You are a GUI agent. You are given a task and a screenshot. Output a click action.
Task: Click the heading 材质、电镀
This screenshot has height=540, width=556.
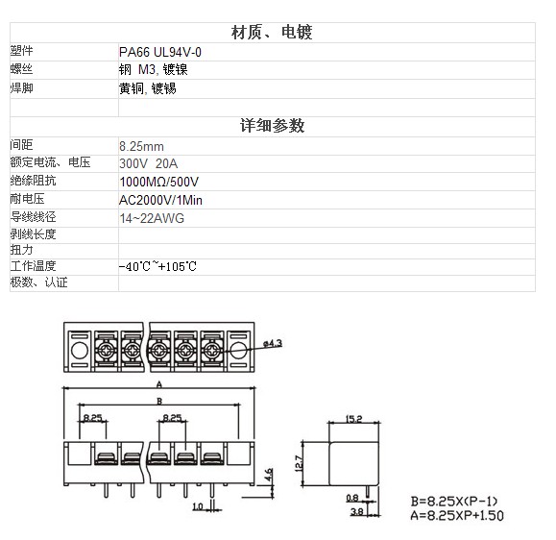click(x=272, y=33)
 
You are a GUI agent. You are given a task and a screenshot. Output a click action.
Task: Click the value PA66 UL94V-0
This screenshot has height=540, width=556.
click(x=160, y=52)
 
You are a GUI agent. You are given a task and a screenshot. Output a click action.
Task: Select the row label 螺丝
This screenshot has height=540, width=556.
click(x=22, y=68)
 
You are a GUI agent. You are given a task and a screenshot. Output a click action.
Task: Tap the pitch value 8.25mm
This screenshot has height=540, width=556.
click(x=141, y=146)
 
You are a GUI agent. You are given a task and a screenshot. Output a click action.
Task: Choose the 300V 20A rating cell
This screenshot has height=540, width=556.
click(x=148, y=163)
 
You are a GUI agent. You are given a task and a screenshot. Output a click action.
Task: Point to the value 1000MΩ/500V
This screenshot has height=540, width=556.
click(x=158, y=182)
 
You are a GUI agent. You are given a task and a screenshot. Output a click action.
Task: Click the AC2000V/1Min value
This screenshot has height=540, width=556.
click(x=160, y=200)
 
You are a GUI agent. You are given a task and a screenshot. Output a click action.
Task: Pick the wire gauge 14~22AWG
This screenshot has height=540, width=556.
click(x=152, y=218)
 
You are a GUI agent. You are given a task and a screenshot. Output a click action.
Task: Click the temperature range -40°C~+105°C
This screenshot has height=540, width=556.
click(x=157, y=266)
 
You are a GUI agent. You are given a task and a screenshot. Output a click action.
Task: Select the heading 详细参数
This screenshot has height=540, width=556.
click(x=273, y=126)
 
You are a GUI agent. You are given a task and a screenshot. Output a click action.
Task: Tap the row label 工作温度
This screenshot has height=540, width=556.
click(x=33, y=266)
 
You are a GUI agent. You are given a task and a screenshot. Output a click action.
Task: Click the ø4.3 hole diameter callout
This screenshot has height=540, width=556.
click(x=273, y=343)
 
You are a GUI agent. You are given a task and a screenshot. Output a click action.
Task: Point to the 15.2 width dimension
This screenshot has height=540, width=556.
click(x=354, y=419)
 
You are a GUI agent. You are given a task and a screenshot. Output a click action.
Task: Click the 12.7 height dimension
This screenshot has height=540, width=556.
click(x=299, y=463)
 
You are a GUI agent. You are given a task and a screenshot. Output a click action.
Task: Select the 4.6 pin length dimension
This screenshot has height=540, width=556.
click(x=269, y=475)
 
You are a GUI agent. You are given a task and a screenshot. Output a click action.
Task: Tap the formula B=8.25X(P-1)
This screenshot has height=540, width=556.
click(x=454, y=502)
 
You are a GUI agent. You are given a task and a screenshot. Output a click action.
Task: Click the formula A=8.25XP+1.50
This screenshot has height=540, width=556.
click(x=457, y=515)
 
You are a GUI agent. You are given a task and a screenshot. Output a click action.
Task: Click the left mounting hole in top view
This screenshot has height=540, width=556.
click(x=80, y=351)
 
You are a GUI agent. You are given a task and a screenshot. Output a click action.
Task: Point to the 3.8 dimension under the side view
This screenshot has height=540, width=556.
click(x=356, y=511)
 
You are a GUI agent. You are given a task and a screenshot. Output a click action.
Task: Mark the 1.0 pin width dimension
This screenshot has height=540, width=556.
click(x=198, y=506)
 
